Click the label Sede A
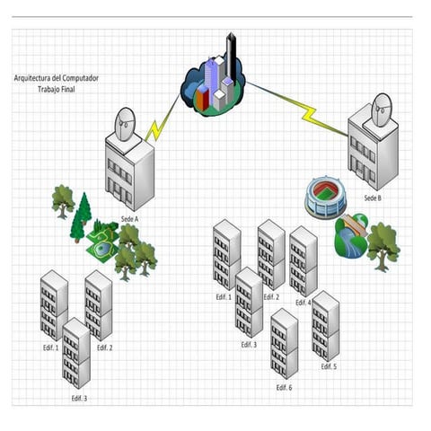click(129, 219)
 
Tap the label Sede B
click(373, 198)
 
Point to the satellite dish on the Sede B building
click(382, 110)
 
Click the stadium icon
click(326, 197)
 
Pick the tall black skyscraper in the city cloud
click(232, 55)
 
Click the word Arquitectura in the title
click(32, 78)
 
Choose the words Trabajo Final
click(57, 89)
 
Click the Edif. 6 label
click(284, 388)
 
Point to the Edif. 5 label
click(329, 366)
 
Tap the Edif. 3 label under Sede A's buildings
click(79, 399)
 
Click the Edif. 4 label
click(303, 303)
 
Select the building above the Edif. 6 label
click(285, 344)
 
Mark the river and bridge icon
click(351, 235)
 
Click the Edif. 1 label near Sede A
click(50, 347)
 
